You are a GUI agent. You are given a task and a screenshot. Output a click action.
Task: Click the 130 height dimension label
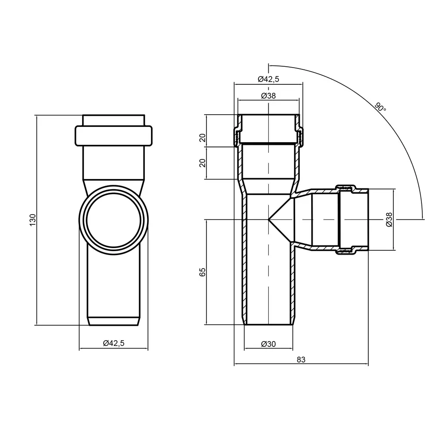pyautogui.click(x=33, y=220)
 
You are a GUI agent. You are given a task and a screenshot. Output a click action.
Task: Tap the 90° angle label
pyautogui.click(x=380, y=108)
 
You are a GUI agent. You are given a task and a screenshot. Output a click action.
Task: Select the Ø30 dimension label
pyautogui.click(x=268, y=344)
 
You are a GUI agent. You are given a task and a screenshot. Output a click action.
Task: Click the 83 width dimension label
pyautogui.click(x=301, y=360)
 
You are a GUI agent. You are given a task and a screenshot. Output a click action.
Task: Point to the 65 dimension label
pyautogui.click(x=202, y=272)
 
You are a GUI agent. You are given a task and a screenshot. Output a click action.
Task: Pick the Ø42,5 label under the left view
pyautogui.click(x=113, y=343)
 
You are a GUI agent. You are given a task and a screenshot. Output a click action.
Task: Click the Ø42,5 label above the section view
pyautogui.click(x=268, y=79)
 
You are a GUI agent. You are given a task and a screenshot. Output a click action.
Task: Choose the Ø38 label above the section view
pyautogui.click(x=268, y=96)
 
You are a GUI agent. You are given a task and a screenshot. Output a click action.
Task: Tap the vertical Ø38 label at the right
pyautogui.click(x=389, y=219)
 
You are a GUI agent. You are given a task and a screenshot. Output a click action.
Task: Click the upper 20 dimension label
pyautogui.click(x=202, y=138)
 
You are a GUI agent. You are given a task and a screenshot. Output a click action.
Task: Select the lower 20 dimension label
pyautogui.click(x=202, y=163)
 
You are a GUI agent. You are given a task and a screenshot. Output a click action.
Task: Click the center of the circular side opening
pyautogui.click(x=113, y=220)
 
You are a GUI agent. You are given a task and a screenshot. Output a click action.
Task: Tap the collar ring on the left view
pyautogui.click(x=113, y=136)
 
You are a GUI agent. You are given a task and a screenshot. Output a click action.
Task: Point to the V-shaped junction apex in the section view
pyautogui.click(x=269, y=219)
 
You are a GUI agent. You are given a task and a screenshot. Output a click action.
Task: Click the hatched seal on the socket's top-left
pyautogui.click(x=237, y=137)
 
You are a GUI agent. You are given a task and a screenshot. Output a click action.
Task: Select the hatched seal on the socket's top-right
pyautogui.click(x=300, y=137)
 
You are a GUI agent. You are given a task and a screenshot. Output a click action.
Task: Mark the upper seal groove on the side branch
pyautogui.click(x=346, y=187)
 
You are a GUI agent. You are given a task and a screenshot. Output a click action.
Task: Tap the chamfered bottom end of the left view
pyautogui.click(x=113, y=321)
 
